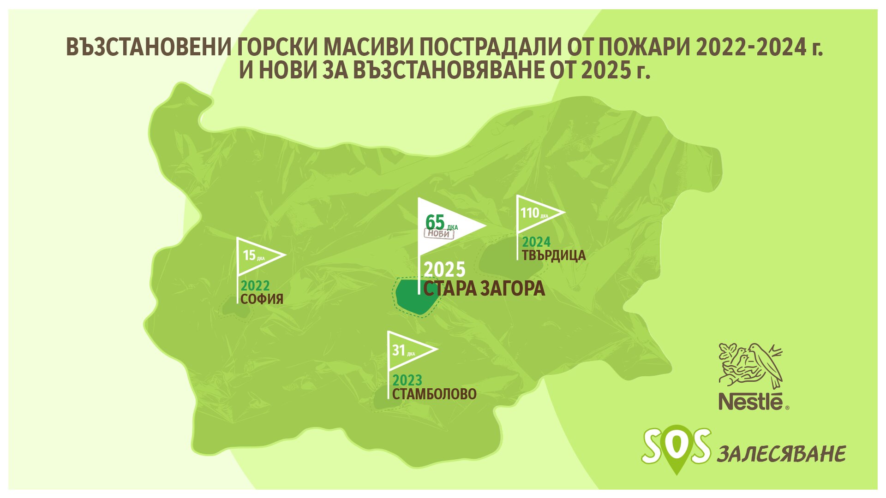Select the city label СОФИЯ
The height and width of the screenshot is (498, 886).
pos(262,299)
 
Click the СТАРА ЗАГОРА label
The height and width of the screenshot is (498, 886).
pos(484,289)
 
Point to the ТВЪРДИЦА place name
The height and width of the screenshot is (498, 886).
pos(554,255)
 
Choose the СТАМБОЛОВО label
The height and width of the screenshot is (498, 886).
pos(434,394)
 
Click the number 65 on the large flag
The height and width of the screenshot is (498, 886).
pos(435,222)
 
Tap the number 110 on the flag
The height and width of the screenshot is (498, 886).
pos(530,213)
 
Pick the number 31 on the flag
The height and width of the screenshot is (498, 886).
pos(398,350)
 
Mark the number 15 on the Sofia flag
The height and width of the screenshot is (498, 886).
pos(249,255)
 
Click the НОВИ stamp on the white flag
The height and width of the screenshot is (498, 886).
pos(439,234)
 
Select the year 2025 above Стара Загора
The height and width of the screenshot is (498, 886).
pos(444,269)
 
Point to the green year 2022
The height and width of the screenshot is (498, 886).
pos(255,286)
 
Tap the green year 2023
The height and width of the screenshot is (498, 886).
pos(407,380)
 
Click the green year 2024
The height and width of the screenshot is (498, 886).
pos(536,242)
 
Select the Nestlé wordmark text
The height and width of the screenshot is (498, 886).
pos(751,401)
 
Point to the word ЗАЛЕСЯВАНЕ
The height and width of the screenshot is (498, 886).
pos(781,454)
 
